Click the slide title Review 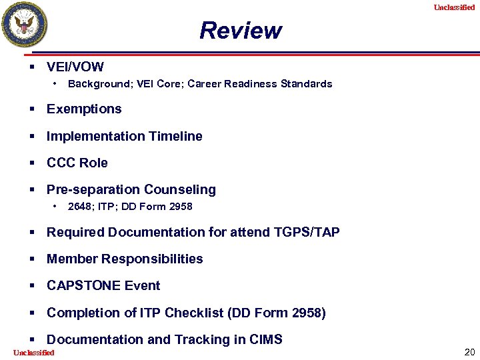point(240,31)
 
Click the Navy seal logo point(25,25)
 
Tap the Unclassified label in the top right point(454,7)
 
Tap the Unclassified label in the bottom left point(33,353)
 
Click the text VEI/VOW point(75,67)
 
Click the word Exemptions point(84,109)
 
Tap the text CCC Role point(77,163)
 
